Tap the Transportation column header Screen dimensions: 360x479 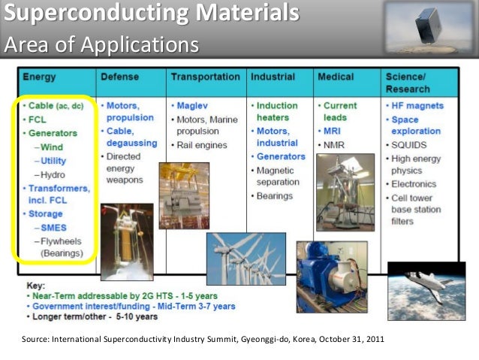[x=205, y=77]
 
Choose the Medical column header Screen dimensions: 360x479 [x=336, y=77]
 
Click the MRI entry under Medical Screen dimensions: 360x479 [x=334, y=131]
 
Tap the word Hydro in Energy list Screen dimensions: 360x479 [x=53, y=174]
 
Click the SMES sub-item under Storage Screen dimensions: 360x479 [x=55, y=228]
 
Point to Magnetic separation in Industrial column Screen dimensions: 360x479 [x=280, y=177]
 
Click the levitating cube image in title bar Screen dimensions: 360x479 [x=430, y=26]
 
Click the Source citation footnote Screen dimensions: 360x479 [x=204, y=339]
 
